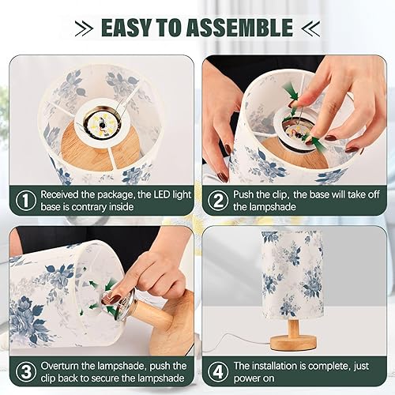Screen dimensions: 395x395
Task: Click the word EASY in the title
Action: [x=129, y=28]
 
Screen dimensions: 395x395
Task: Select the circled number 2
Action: [x=218, y=200]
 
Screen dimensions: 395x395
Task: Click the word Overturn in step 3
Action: [x=63, y=366]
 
